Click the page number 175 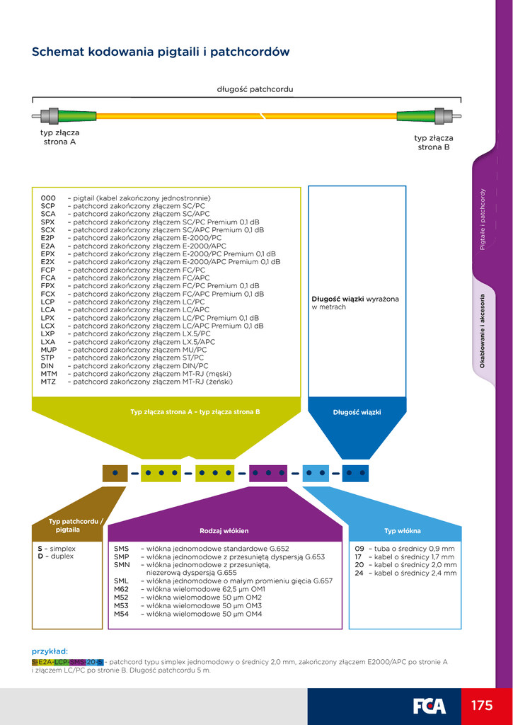tap(481, 706)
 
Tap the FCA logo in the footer tap(430, 706)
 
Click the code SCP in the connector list tap(48, 206)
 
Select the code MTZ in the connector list tap(48, 382)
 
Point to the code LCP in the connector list tap(48, 302)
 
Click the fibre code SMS tap(122, 549)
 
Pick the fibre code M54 tap(122, 614)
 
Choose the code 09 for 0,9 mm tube tap(359, 549)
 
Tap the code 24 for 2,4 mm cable tap(359, 573)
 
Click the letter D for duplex tap(40, 556)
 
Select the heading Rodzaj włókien tap(224, 530)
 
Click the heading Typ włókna tap(403, 530)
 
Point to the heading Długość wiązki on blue tap(357, 412)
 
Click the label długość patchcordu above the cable tap(255, 89)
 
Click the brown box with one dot tap(115, 472)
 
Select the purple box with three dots tap(268, 472)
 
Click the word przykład tap(50, 651)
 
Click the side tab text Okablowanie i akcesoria tap(483, 330)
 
